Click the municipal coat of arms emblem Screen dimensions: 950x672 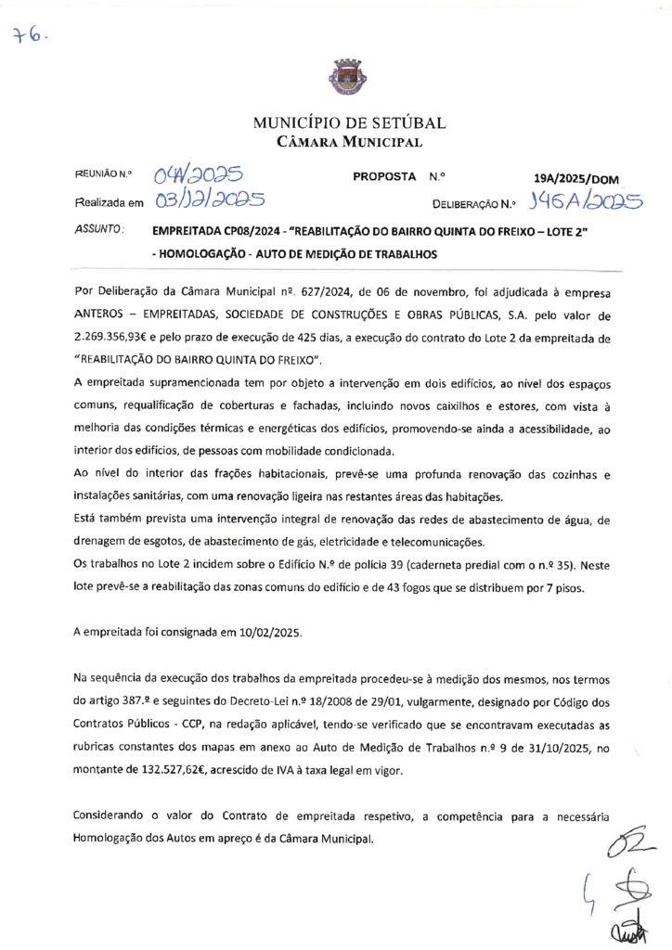(335, 77)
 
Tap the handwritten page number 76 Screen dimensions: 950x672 (28, 36)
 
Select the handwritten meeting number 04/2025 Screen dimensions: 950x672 (198, 174)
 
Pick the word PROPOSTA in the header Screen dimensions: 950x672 (383, 175)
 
